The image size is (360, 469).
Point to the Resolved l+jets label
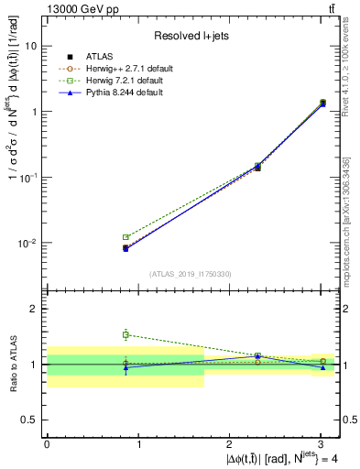click(191, 36)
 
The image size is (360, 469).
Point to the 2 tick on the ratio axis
click(36, 309)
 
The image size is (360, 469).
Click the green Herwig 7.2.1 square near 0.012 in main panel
click(126, 237)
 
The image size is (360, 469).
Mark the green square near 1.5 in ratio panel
click(126, 334)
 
